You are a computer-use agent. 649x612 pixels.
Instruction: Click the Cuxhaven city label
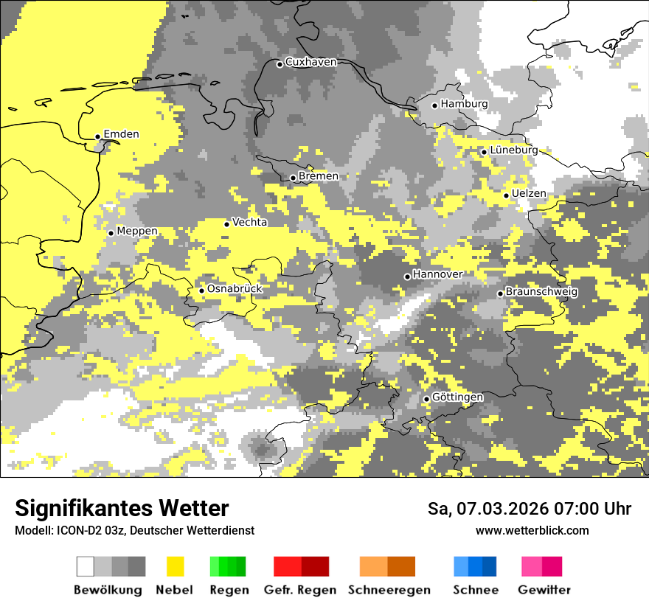click(x=310, y=62)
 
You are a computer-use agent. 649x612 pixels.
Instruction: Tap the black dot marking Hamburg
click(x=435, y=105)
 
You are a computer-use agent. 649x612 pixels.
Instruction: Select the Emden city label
click(x=122, y=134)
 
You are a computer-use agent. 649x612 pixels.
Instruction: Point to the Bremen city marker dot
click(x=293, y=178)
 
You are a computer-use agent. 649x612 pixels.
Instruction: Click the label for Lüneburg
click(x=514, y=150)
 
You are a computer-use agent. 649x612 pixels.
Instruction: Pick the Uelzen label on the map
click(x=529, y=193)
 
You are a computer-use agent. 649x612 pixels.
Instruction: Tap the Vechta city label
click(x=250, y=222)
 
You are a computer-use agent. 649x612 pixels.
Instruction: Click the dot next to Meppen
click(x=111, y=233)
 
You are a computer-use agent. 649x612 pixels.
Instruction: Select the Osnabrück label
click(x=235, y=289)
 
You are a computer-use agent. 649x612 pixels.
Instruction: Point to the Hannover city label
click(x=438, y=274)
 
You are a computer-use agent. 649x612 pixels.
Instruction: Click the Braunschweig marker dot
click(x=500, y=293)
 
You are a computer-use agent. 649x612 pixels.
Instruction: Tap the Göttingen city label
click(x=458, y=397)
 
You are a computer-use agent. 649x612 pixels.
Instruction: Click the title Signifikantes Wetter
click(x=122, y=509)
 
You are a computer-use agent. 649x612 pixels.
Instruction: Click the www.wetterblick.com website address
click(x=532, y=530)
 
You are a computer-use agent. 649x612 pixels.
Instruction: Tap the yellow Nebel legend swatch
click(x=175, y=566)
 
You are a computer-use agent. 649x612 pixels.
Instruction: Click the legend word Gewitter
click(x=544, y=590)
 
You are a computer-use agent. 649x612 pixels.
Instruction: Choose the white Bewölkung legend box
click(x=86, y=566)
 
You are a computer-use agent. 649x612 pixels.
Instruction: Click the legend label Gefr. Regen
click(x=300, y=590)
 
